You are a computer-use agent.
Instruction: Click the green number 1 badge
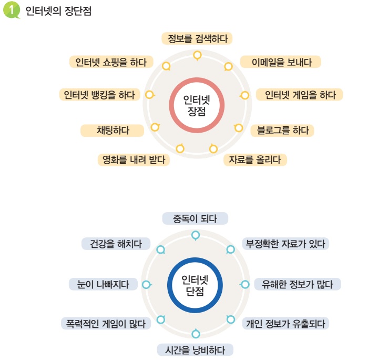pos(12,11)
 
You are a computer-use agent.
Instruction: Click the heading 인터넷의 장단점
pos(58,11)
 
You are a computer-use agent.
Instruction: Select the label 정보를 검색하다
pos(197,38)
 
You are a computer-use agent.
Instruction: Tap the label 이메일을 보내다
pos(281,62)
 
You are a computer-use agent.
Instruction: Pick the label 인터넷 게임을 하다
pos(300,95)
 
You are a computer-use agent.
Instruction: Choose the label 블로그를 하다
pos(282,131)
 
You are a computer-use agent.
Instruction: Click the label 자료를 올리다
pos(255,159)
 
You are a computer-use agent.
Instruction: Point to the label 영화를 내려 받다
pos(134,159)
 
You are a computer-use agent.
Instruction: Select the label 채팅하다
pos(113,131)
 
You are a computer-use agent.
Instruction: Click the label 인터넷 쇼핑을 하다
pos(111,62)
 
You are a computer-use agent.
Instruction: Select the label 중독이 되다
pos(195,218)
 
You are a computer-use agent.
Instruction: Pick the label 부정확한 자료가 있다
pos(285,244)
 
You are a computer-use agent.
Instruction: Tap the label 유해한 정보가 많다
pos(297,284)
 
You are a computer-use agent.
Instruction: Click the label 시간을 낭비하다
pos(195,349)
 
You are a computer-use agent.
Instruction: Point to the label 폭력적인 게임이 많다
pos(106,323)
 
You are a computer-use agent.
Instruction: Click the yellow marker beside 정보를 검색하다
pos(197,55)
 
